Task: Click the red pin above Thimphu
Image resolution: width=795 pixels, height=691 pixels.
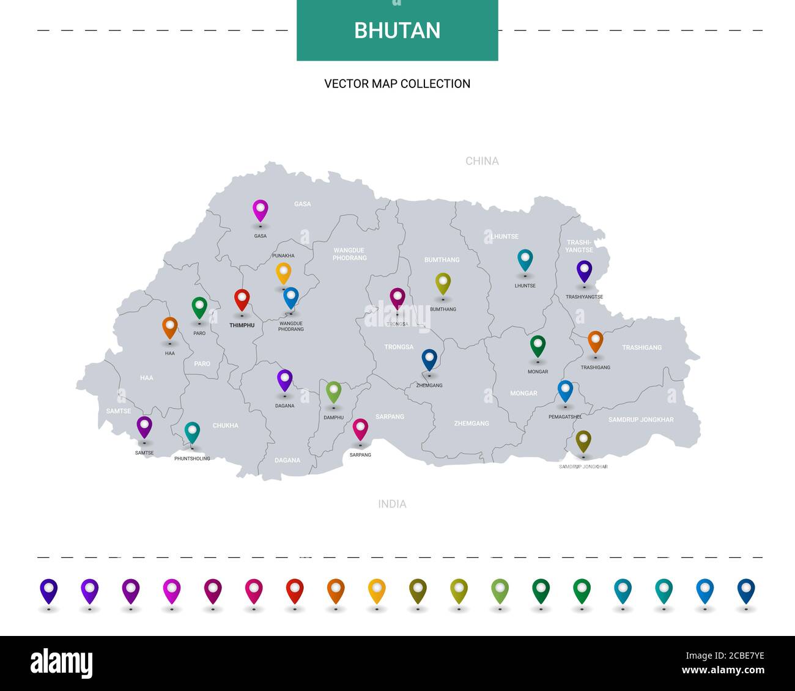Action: pyautogui.click(x=242, y=300)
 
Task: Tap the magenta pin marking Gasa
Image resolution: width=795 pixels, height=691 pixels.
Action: pyautogui.click(x=261, y=210)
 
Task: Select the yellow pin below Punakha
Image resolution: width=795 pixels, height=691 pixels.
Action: pyautogui.click(x=283, y=273)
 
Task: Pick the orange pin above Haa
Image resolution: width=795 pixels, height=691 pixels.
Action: pyautogui.click(x=170, y=327)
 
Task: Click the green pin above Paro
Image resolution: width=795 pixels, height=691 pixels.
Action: pyautogui.click(x=199, y=307)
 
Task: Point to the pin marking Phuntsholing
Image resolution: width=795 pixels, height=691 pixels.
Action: pyautogui.click(x=192, y=432)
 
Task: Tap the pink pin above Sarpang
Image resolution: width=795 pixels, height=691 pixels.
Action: pyautogui.click(x=361, y=429)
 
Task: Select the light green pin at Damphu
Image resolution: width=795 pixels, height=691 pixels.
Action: pyautogui.click(x=333, y=391)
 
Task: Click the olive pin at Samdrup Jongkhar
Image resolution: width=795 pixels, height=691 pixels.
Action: pyautogui.click(x=583, y=441)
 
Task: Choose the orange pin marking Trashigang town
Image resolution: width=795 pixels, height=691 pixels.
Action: pyautogui.click(x=595, y=341)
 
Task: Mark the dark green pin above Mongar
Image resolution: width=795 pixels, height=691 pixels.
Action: pyautogui.click(x=538, y=345)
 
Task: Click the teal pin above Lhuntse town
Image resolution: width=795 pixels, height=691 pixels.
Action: pyautogui.click(x=525, y=259)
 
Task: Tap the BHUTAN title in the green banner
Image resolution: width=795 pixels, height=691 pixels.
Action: pyautogui.click(x=398, y=31)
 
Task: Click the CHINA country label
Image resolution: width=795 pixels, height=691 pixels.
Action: pyautogui.click(x=482, y=161)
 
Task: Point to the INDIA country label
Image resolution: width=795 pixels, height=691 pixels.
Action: pyautogui.click(x=392, y=504)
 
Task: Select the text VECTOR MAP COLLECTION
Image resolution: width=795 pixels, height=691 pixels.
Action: pyautogui.click(x=398, y=84)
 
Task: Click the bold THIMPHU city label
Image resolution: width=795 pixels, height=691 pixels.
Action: pyautogui.click(x=242, y=325)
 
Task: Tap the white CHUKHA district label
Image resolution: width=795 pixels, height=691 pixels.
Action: pyautogui.click(x=226, y=425)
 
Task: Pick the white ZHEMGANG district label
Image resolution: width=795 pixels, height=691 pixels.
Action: pyautogui.click(x=471, y=423)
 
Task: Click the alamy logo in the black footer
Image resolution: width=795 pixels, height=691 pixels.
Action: pyautogui.click(x=62, y=663)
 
